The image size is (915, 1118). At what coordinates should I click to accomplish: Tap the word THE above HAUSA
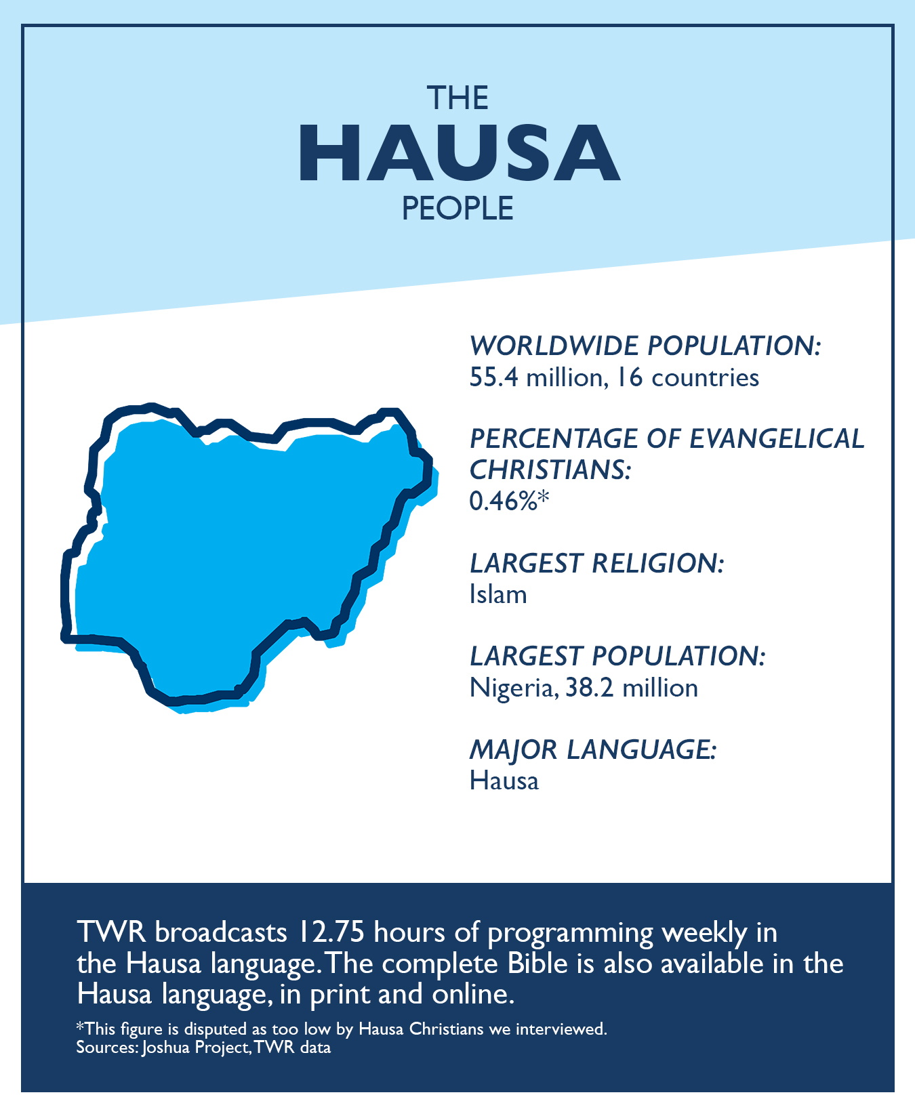click(x=457, y=98)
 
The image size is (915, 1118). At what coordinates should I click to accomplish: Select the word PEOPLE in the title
click(x=457, y=209)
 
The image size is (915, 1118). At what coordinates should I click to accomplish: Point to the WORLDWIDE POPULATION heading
click(x=645, y=346)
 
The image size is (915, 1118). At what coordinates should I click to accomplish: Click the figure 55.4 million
click(x=535, y=377)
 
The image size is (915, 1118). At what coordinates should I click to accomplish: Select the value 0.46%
click(x=503, y=501)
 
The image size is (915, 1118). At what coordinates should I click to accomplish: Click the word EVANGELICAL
click(x=777, y=439)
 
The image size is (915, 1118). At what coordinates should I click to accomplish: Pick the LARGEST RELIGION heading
click(x=597, y=563)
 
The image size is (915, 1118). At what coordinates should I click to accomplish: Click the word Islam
click(x=498, y=595)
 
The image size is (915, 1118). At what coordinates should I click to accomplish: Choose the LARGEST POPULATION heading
click(x=617, y=656)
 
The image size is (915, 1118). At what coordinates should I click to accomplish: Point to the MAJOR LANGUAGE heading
click(x=593, y=749)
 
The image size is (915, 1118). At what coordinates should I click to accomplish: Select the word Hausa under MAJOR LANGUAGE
click(x=504, y=781)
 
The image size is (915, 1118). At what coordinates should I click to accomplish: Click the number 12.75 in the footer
click(x=330, y=932)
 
